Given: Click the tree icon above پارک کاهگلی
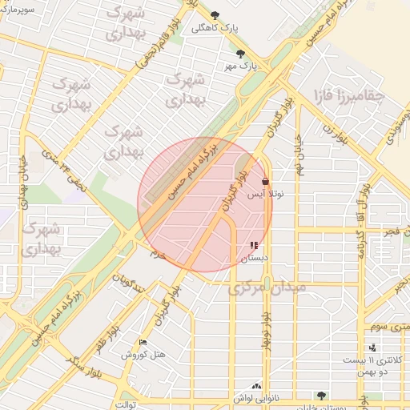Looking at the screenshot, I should [214, 14].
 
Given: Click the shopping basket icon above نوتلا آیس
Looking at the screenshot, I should [265, 182].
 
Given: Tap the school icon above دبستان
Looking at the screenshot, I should [254, 246].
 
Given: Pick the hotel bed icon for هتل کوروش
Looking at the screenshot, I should [143, 343].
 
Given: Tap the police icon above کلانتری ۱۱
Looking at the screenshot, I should [372, 348].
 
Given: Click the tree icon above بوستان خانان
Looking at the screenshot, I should [321, 396].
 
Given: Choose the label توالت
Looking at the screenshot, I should [128, 404].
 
